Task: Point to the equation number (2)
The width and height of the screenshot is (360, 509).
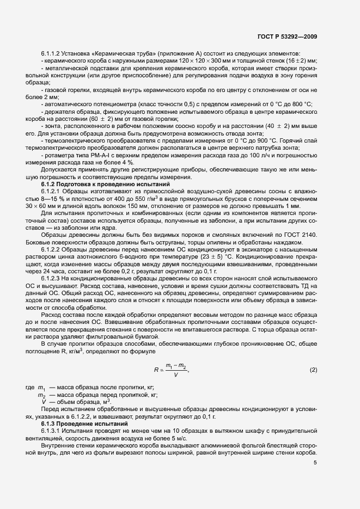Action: coord(313,370)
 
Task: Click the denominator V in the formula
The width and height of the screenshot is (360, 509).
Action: coord(174,375)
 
